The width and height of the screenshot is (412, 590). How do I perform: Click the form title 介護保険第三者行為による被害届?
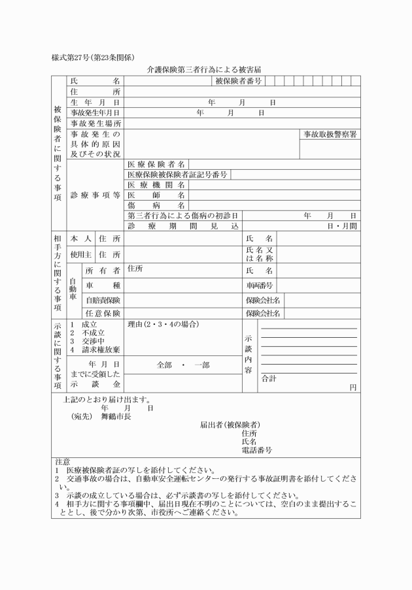[206, 69]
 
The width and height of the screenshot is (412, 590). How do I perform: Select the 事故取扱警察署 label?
[330, 134]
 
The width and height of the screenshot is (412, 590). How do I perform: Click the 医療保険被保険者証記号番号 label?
[177, 174]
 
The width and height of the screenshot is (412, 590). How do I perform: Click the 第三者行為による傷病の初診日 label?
[182, 215]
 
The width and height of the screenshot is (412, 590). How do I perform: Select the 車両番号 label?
[260, 286]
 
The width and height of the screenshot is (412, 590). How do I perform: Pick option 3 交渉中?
[84, 341]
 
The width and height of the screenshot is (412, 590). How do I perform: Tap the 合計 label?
[269, 378]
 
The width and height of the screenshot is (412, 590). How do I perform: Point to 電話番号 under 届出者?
[256, 450]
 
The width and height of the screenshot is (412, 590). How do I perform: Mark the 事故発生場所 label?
[95, 123]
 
